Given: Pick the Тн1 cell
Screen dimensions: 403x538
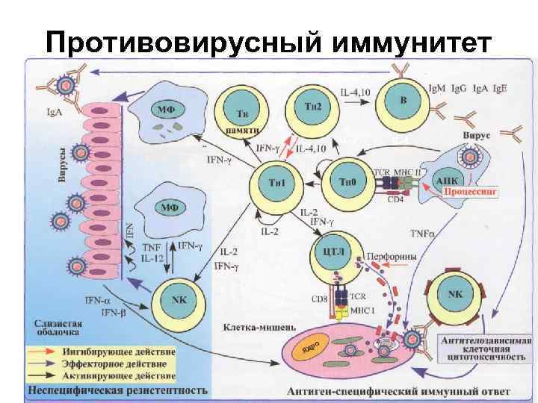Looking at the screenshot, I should pyautogui.click(x=275, y=184).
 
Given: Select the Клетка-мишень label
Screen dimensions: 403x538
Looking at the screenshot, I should pyautogui.click(x=260, y=328).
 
